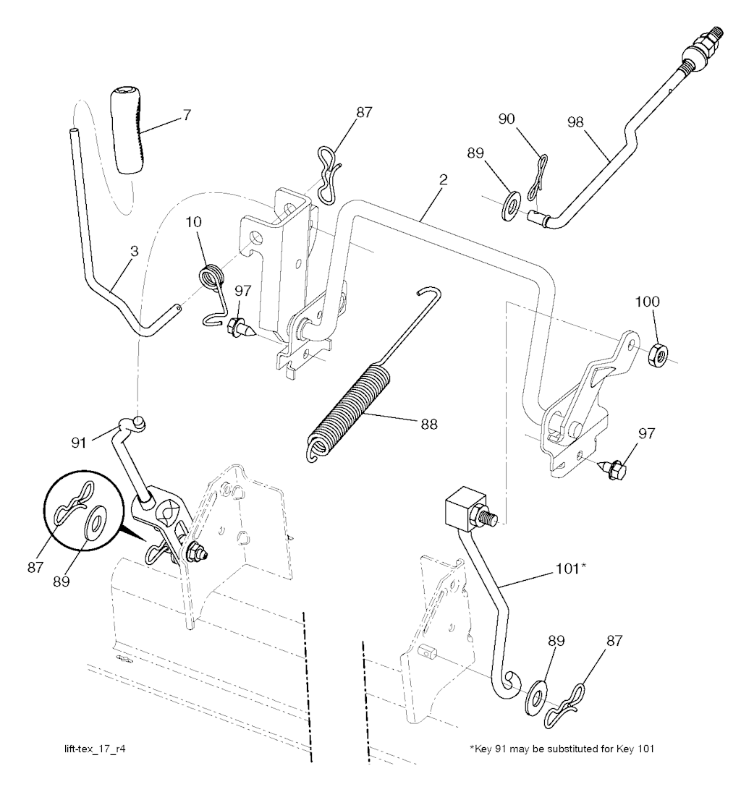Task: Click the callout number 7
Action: tap(187, 115)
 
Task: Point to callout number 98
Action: tap(575, 122)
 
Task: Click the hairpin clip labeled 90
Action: tap(538, 179)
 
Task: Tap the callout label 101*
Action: tap(571, 569)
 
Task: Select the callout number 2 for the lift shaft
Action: tap(443, 180)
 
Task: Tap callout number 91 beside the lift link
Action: tap(78, 443)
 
